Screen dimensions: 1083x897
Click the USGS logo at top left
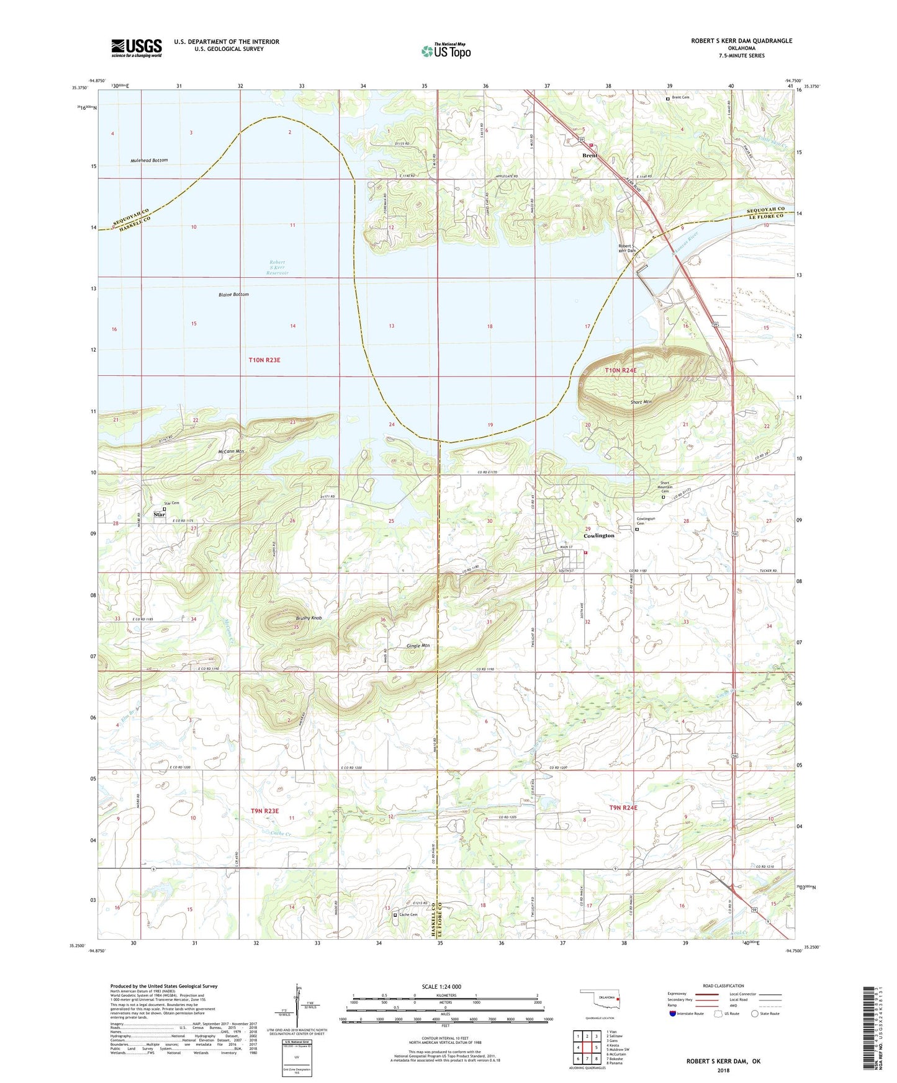coord(136,47)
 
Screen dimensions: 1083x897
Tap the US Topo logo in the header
coord(446,51)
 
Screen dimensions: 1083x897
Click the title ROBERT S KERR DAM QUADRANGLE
coord(741,41)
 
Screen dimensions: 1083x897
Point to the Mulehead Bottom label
coord(149,160)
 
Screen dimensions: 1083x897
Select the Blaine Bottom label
coord(233,294)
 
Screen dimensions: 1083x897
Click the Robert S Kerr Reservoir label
coord(277,267)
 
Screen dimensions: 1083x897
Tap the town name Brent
coord(589,155)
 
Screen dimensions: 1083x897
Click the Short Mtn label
coord(641,402)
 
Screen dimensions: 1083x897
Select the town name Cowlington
coord(598,535)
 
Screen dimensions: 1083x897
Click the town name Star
coord(159,514)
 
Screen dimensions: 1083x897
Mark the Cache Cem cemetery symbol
coord(394,914)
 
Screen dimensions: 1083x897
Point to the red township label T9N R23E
coord(264,811)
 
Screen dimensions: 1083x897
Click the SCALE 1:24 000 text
coord(441,986)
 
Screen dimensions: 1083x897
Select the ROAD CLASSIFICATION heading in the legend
coord(724,986)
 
